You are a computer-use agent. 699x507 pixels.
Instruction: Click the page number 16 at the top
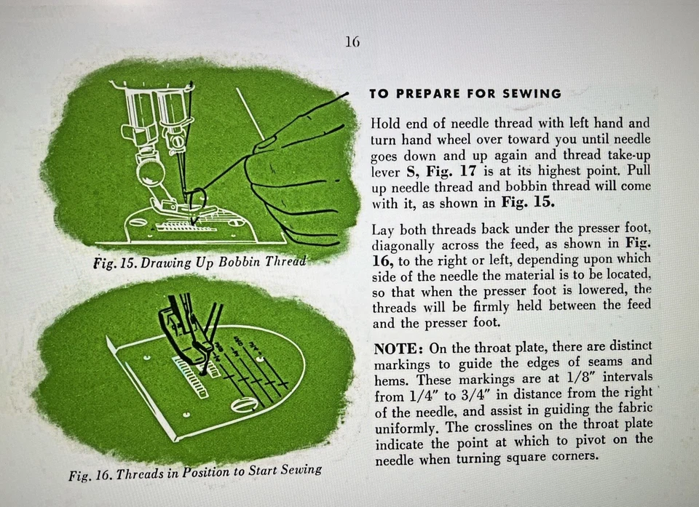click(x=352, y=42)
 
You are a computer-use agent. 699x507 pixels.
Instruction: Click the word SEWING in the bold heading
click(x=535, y=94)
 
